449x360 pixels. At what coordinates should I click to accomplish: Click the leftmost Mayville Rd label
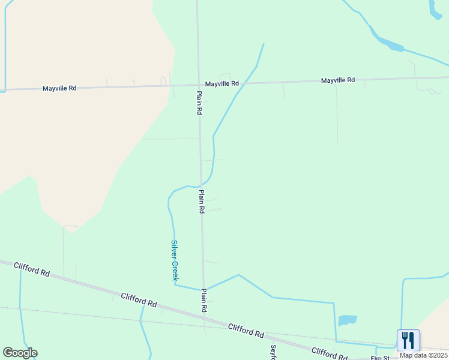(x=59, y=88)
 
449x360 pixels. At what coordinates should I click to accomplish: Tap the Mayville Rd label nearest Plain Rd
(x=221, y=83)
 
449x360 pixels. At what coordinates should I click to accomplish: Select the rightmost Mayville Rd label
(x=337, y=80)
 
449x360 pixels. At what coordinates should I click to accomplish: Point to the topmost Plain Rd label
(x=199, y=103)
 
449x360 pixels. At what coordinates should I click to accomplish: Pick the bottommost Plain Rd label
(x=204, y=300)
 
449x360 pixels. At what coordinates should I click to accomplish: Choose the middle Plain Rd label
(x=202, y=202)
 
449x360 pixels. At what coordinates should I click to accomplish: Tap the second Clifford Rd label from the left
(x=139, y=301)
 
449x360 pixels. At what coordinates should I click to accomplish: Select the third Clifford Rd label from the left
(x=246, y=330)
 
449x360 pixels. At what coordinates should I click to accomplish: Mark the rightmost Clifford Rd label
(x=329, y=353)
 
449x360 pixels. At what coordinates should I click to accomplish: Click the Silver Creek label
(x=175, y=260)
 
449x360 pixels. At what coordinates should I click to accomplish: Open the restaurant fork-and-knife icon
(x=408, y=340)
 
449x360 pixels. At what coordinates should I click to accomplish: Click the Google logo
(x=20, y=353)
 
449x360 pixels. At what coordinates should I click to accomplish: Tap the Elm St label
(x=379, y=358)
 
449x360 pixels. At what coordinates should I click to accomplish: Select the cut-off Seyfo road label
(x=273, y=352)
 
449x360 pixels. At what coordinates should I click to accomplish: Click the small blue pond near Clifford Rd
(x=348, y=320)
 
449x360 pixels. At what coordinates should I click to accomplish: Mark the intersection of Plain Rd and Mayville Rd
(x=199, y=85)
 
